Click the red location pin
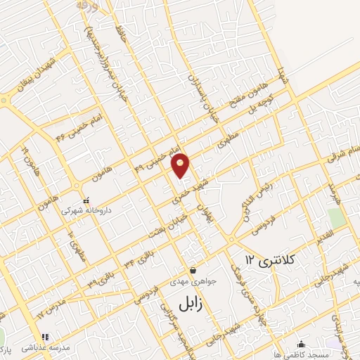click(181, 165)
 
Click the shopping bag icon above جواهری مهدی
click(193, 270)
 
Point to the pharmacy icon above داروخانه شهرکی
click(86, 200)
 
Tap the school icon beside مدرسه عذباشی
click(46, 337)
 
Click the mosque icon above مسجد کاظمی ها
click(302, 344)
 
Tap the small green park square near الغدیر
click(337, 218)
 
